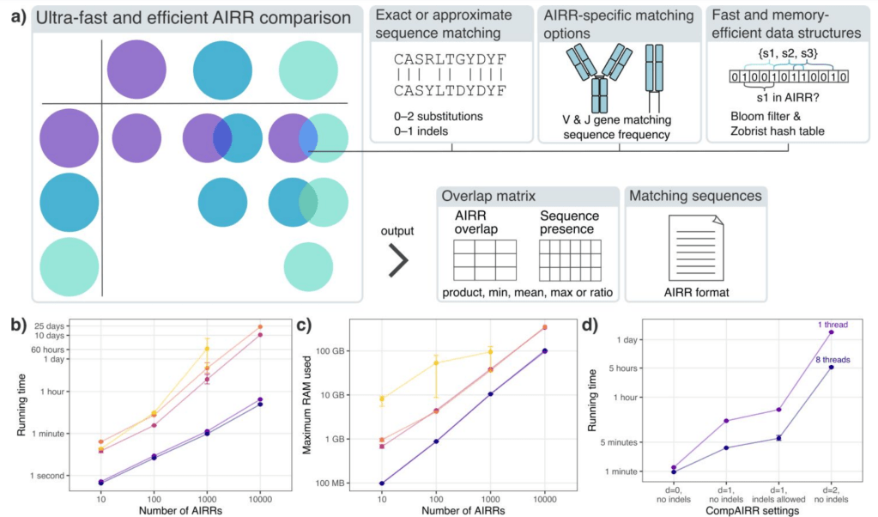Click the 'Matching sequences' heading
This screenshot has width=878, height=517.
(695, 197)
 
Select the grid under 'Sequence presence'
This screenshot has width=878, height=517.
(571, 258)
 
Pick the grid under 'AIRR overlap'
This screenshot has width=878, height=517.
(485, 258)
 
